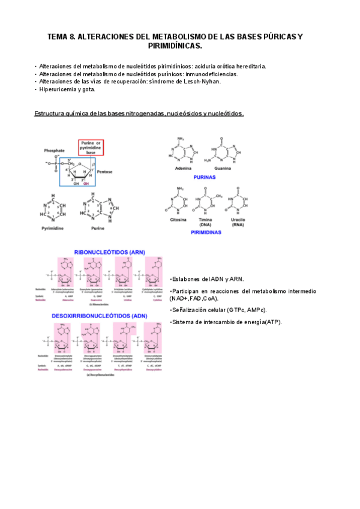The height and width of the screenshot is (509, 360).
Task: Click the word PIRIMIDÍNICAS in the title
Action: coord(175,46)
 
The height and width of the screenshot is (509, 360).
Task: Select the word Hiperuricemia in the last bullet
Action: coord(58,89)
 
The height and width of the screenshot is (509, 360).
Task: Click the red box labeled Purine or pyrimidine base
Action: coord(91,148)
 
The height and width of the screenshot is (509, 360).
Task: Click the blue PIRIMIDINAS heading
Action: coord(206,231)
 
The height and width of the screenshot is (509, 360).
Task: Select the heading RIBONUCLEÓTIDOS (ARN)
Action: coord(109,253)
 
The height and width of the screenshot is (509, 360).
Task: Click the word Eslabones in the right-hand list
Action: coord(187,280)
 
